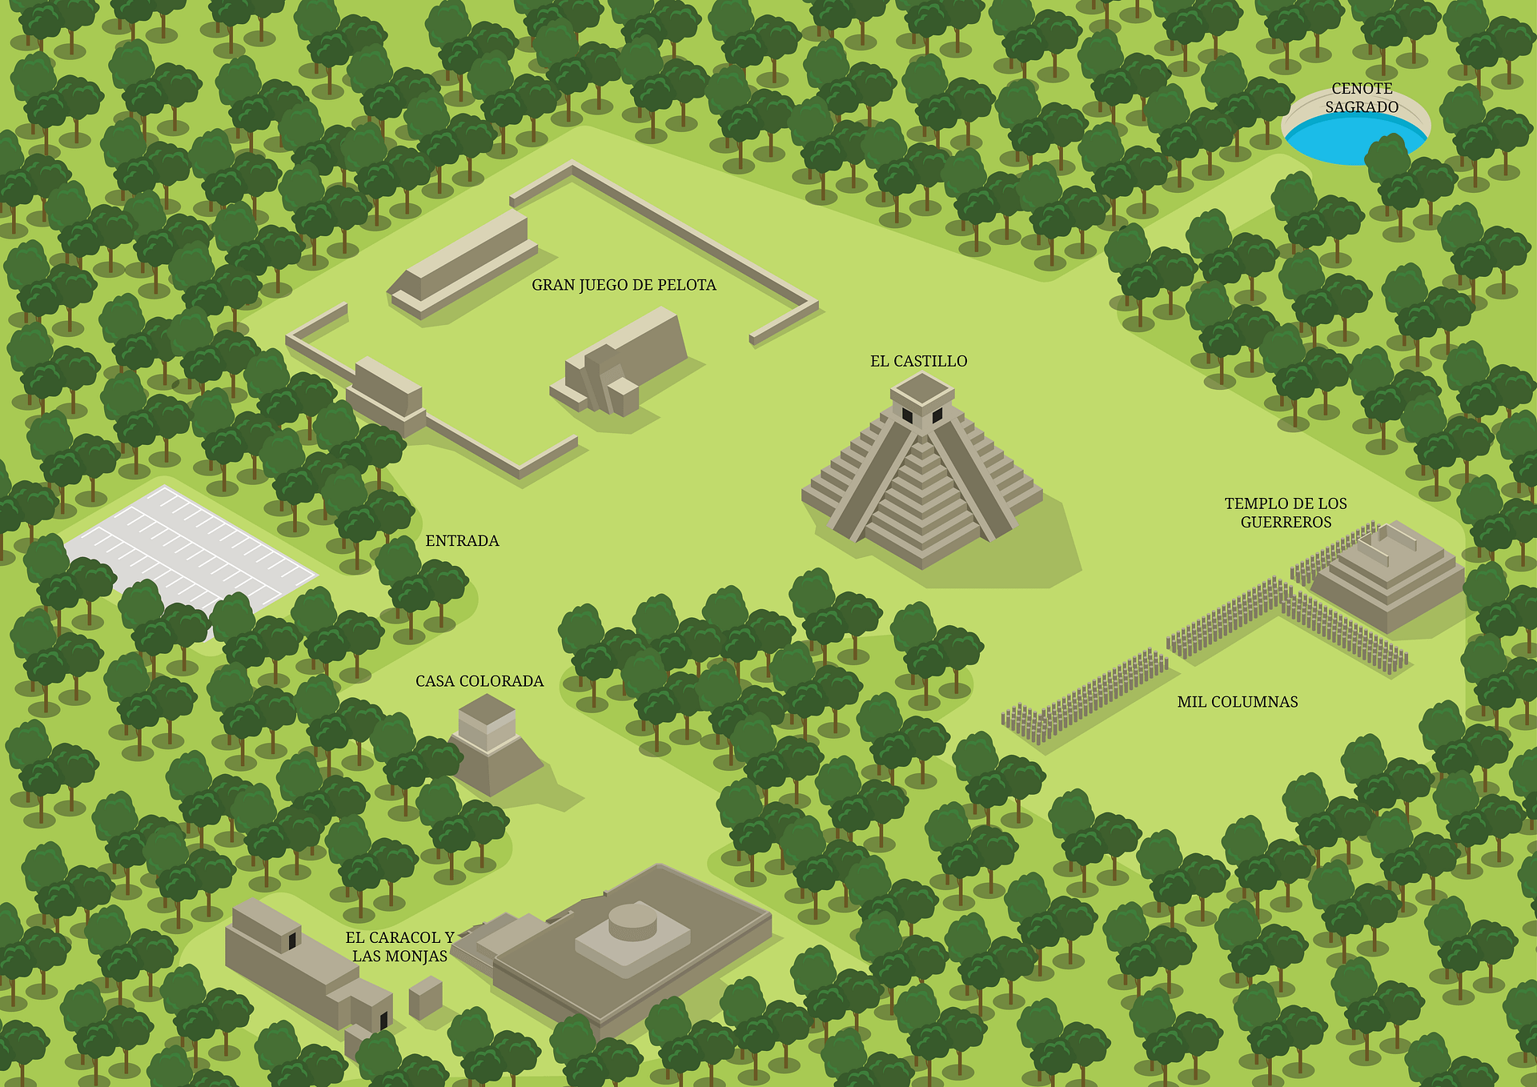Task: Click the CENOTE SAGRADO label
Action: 1362,98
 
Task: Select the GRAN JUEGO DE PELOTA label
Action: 624,285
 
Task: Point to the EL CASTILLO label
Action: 918,361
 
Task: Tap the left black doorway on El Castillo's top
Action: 907,415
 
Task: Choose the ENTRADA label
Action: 462,541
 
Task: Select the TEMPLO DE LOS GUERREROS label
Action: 1286,512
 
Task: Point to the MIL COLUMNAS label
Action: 1237,702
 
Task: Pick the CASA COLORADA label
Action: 479,681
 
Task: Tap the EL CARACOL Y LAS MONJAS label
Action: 399,946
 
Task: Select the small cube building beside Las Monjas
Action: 426,997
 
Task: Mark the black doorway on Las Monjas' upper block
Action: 293,939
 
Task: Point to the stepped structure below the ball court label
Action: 620,364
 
